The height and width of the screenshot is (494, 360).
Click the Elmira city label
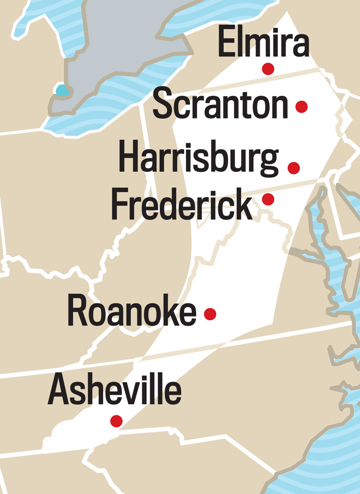click(x=263, y=42)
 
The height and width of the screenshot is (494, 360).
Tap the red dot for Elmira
click(x=268, y=69)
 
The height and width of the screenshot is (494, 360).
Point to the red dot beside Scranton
click(x=302, y=107)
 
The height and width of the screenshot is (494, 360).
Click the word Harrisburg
click(x=198, y=158)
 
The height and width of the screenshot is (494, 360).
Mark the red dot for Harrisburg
click(x=293, y=168)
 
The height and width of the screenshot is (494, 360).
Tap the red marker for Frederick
click(x=268, y=199)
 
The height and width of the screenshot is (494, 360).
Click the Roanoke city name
click(x=132, y=312)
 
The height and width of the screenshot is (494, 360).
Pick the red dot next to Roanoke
click(x=210, y=314)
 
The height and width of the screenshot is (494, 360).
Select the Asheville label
click(x=114, y=389)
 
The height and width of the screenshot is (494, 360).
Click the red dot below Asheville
click(x=116, y=421)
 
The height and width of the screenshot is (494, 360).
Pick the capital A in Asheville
click(x=59, y=389)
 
